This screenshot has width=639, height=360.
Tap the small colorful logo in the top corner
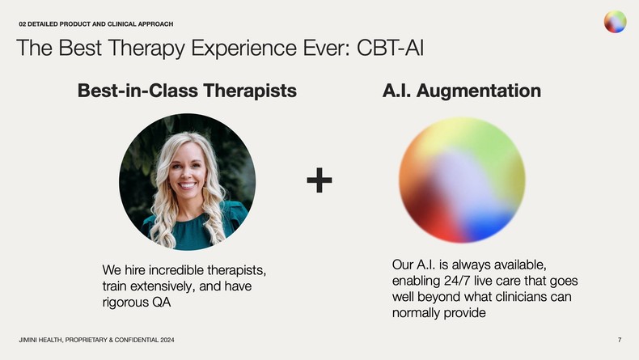tap(615, 22)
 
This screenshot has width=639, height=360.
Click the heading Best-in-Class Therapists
tap(187, 91)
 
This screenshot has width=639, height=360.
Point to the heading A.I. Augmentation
tap(461, 91)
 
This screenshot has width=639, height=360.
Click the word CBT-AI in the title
tap(387, 49)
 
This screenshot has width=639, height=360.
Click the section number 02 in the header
tap(23, 23)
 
